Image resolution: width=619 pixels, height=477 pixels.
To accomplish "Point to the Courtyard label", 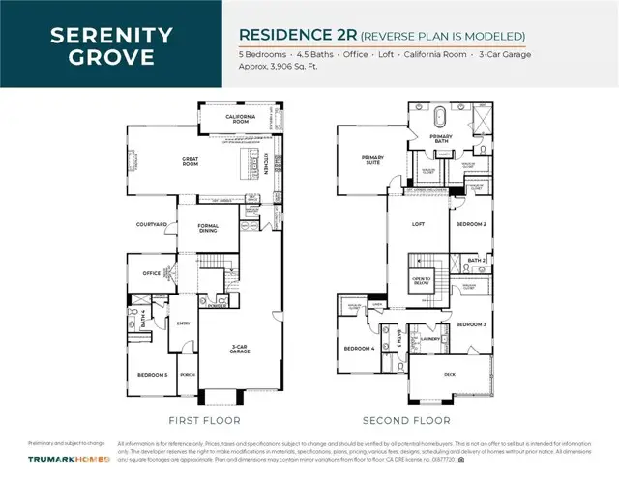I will click(153, 224).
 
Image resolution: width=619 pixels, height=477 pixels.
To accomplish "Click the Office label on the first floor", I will click(151, 273).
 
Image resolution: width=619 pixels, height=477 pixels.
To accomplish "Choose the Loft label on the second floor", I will click(419, 224).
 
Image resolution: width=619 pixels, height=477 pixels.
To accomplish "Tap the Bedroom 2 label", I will click(470, 224).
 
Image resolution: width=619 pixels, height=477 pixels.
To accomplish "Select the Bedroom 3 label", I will click(470, 323).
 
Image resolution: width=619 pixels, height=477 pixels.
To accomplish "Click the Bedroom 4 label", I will click(359, 349).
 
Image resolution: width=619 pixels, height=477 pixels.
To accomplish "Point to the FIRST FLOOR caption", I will click(205, 420).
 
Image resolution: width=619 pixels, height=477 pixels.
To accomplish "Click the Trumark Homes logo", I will click(68, 458).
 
